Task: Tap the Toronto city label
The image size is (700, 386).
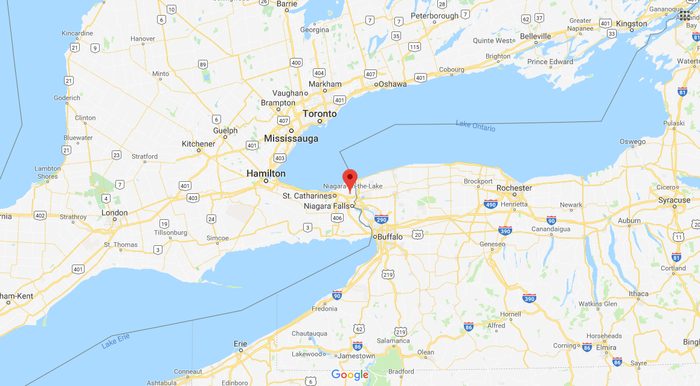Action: tap(319, 114)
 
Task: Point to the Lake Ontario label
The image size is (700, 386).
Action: tap(475, 126)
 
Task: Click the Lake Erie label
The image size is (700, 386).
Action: tap(116, 341)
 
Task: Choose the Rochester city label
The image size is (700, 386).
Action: tap(514, 188)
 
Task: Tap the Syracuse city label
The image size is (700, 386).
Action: tap(674, 200)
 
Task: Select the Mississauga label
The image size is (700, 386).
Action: tap(291, 139)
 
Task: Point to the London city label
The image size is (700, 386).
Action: tap(114, 213)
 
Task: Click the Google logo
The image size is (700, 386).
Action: tap(350, 375)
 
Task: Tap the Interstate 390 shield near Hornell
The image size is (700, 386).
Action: tap(529, 298)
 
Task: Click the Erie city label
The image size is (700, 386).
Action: tap(240, 344)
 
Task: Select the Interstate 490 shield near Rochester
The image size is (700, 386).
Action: tap(491, 205)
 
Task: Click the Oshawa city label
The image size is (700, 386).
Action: tap(393, 84)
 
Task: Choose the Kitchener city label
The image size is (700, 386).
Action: tap(198, 144)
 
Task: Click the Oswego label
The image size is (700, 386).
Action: tap(632, 141)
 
